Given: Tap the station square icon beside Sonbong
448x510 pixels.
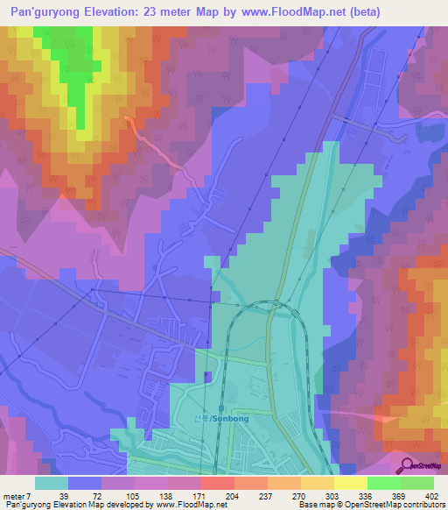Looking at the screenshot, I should (220, 408).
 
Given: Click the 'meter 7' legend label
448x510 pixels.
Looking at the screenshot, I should (19, 496).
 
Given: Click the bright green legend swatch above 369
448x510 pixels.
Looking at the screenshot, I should (385, 483).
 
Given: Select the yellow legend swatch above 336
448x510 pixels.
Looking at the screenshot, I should (351, 483).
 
